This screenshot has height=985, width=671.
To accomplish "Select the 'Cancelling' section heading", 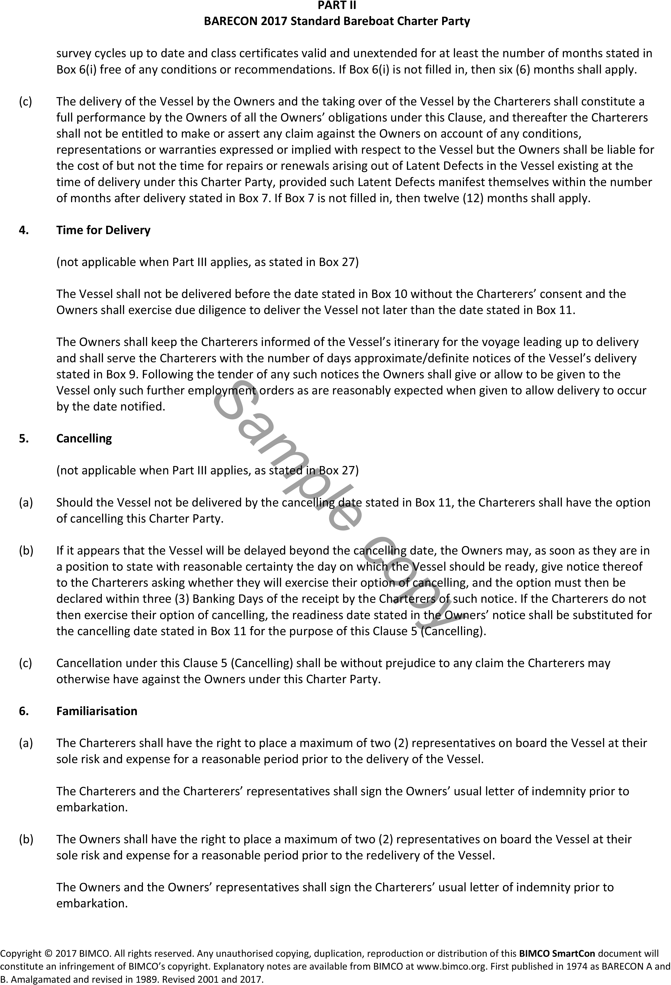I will coord(84,438).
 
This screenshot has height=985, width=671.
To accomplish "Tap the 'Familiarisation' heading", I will coord(97,711).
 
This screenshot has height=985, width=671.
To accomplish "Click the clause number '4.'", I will coord(24,230).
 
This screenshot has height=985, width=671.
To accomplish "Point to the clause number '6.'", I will coord(24,711).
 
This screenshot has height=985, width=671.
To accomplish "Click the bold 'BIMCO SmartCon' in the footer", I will coord(557,954).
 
